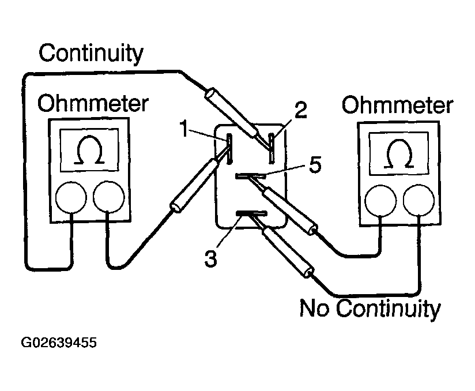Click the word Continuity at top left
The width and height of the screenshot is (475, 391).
coord(91,54)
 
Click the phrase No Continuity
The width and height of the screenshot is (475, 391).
coord(370,309)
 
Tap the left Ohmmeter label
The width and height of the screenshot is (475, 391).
coord(92,105)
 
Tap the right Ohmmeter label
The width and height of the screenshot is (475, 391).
coord(397,106)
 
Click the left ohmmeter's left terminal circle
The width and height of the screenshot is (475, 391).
coord(71,198)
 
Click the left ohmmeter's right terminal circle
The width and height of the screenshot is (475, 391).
coord(108,198)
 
